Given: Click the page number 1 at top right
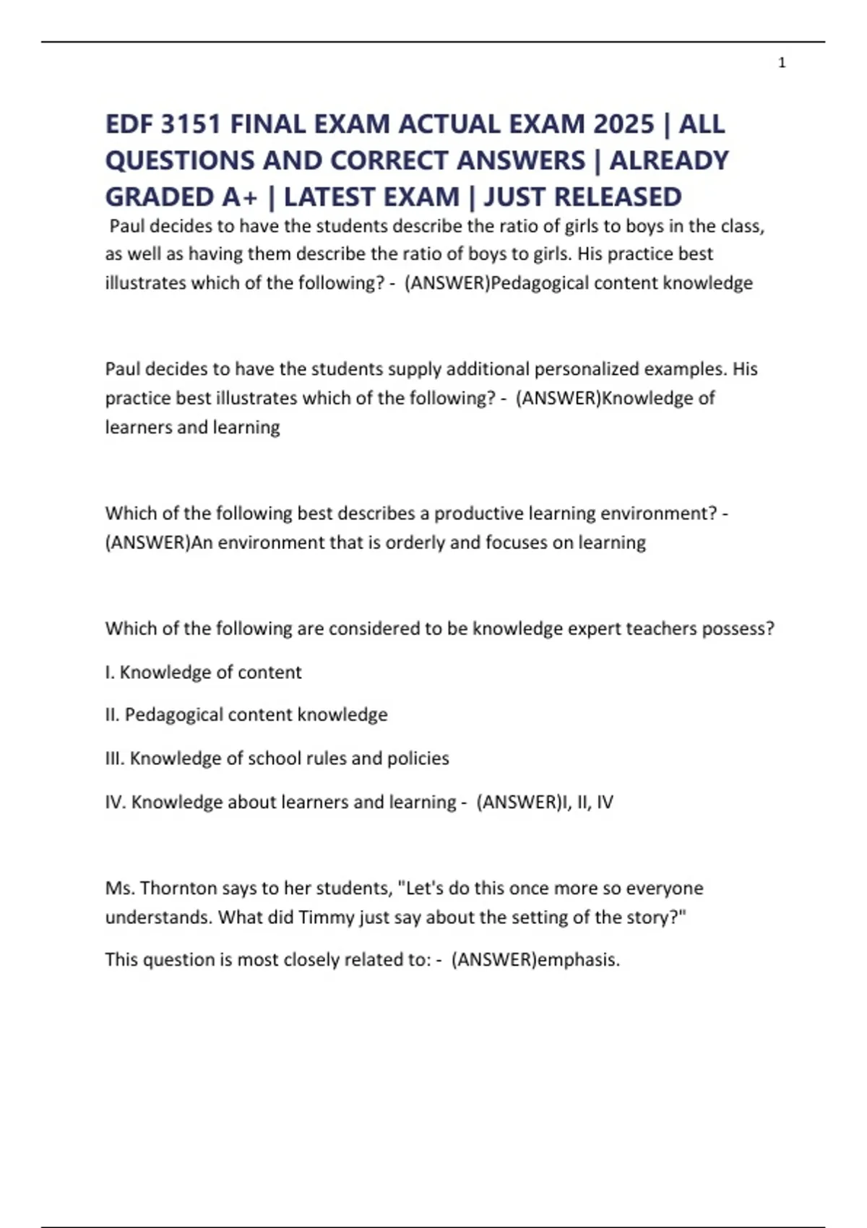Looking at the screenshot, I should [782, 63].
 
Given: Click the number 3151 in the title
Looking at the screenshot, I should [190, 124].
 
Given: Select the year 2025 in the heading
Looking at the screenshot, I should [624, 124].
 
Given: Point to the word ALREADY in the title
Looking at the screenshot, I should [669, 160].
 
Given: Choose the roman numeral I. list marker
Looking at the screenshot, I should [109, 673].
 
